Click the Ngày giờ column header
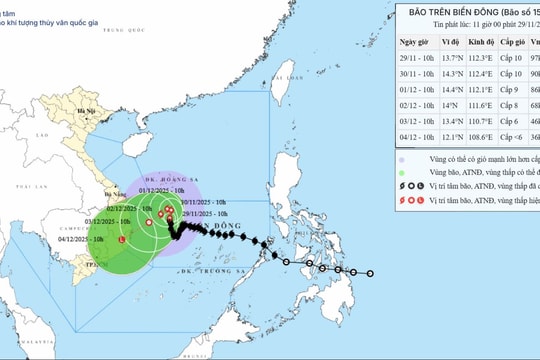414,43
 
